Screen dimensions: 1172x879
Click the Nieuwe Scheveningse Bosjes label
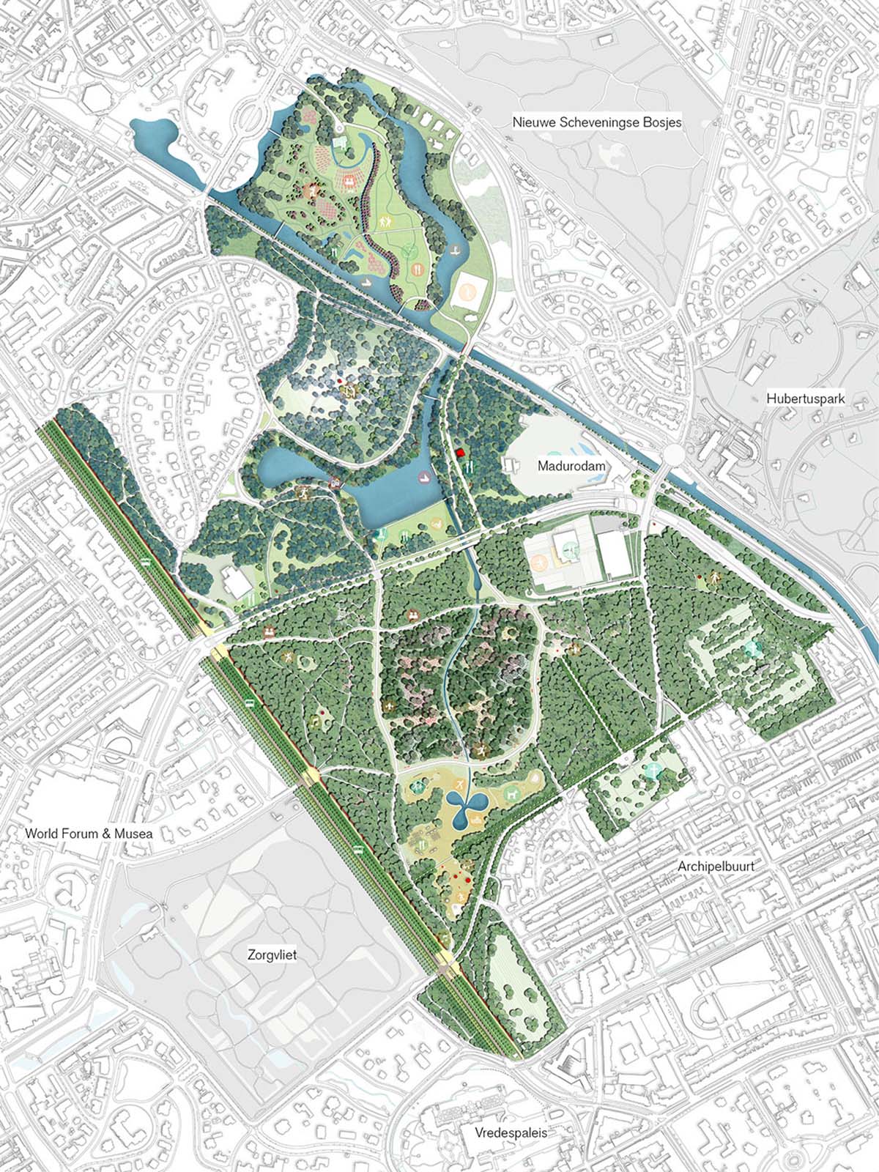coord(596,122)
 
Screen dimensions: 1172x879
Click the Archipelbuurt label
coord(716,866)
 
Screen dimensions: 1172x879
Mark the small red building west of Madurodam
coord(461,453)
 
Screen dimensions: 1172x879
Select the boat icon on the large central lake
coord(423,478)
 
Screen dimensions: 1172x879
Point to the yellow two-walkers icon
coord(384,220)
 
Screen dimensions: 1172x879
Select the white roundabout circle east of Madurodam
coord(674,456)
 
